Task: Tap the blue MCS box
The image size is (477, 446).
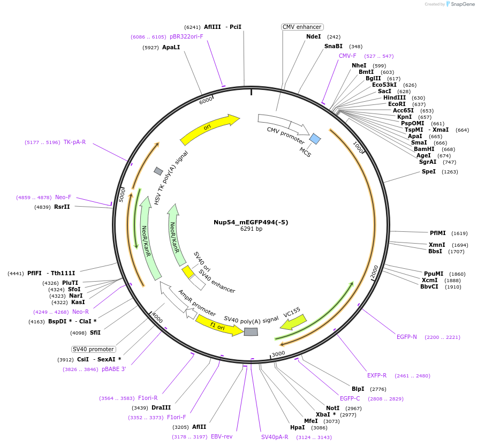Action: point(315,139)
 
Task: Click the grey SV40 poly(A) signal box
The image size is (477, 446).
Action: point(251,332)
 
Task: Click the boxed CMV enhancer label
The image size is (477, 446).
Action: point(302,27)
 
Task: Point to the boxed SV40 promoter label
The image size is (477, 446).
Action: point(93,349)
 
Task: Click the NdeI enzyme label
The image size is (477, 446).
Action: point(313,36)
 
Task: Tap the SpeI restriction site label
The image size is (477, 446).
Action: point(429,171)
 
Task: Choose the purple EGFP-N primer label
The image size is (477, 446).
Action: point(406,337)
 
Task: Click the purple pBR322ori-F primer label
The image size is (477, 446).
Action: point(186,36)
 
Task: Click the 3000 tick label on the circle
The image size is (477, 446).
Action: point(278,354)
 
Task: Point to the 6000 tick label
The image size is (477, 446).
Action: point(206,101)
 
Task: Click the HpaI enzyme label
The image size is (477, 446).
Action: point(297,427)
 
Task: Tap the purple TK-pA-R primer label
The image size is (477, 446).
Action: point(74,142)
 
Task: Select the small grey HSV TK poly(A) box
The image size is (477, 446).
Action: point(158,171)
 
